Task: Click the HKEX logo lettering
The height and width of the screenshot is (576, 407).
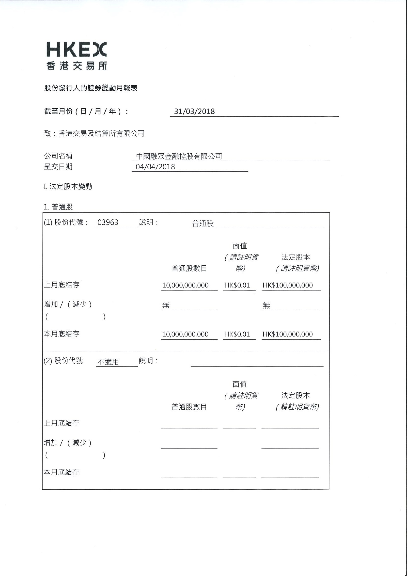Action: point(77,49)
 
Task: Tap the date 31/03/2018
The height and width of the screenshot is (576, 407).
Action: point(194,112)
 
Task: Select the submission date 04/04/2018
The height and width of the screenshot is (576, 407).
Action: point(155,167)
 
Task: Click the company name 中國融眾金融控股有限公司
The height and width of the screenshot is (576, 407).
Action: point(179,156)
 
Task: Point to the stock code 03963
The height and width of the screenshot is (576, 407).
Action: point(108,223)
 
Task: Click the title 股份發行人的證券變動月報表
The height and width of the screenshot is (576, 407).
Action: point(91,88)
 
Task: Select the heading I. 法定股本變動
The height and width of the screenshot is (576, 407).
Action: point(68,187)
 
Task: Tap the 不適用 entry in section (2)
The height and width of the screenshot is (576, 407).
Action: point(108,362)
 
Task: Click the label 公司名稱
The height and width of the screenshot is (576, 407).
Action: point(58,156)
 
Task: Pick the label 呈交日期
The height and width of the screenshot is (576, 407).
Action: point(58,167)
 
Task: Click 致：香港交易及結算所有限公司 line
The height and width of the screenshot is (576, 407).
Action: point(94,133)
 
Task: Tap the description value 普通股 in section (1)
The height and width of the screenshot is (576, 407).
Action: point(203,223)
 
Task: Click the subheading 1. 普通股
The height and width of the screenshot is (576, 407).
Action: point(58,207)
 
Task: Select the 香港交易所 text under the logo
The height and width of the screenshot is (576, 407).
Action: point(77,66)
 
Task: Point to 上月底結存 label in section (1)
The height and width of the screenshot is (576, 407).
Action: point(62,285)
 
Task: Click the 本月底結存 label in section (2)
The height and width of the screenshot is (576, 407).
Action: point(62,472)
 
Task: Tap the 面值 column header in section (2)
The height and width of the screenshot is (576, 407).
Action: point(239,384)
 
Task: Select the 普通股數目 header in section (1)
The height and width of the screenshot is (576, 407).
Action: point(189,269)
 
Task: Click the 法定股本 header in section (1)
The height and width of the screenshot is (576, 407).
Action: point(296,257)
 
